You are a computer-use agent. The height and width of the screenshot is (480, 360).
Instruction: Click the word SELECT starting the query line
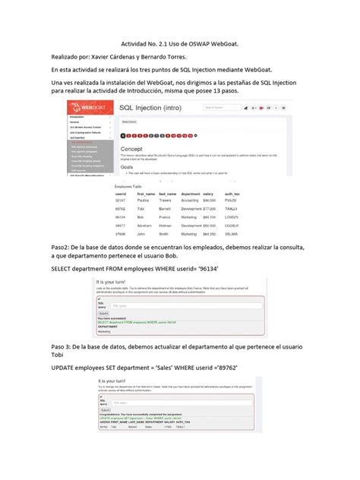click(x=65, y=268)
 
